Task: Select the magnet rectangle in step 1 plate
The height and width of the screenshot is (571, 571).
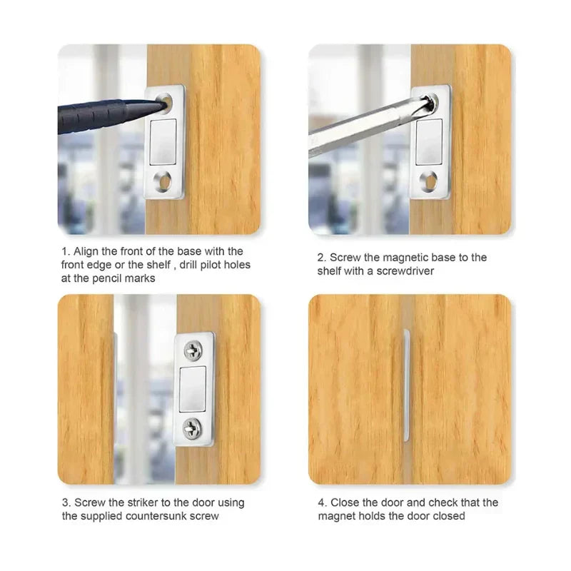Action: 164,141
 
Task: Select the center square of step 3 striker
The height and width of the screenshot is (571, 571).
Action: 193,389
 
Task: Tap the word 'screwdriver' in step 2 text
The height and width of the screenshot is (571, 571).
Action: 410,271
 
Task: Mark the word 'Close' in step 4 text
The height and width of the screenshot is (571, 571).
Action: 345,502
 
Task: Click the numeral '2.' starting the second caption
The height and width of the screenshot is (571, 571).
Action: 322,257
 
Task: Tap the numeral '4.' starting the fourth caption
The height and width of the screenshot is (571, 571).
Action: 322,502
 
